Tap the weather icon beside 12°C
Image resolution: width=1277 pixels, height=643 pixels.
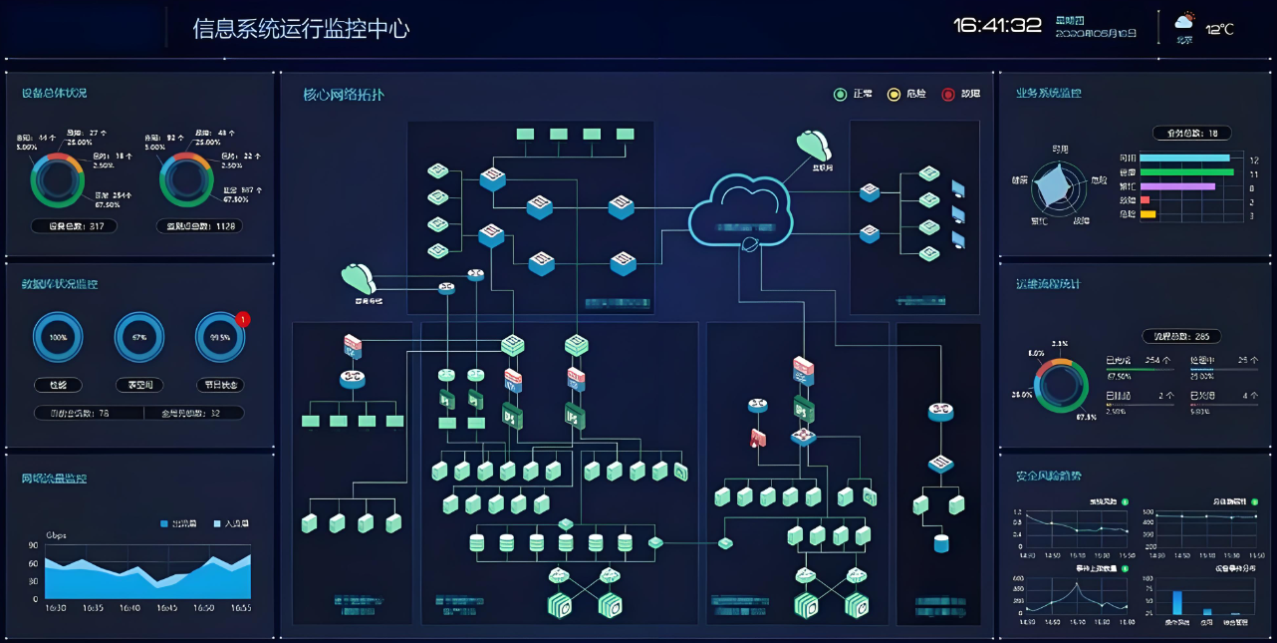1184,21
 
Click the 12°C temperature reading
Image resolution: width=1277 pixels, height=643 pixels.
1220,29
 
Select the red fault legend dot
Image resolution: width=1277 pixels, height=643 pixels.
948,95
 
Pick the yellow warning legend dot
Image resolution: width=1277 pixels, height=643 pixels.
894,95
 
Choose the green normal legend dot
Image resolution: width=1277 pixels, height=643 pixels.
840,95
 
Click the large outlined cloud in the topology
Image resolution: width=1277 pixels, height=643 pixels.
741,209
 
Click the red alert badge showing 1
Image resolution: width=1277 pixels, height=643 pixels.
242,319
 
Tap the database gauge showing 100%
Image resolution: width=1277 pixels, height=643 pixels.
59,337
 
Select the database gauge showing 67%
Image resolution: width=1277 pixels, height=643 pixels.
139,337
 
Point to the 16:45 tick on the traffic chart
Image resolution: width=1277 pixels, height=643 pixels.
166,607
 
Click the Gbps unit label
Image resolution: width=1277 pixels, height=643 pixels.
56,535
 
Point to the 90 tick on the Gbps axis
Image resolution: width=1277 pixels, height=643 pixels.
34,546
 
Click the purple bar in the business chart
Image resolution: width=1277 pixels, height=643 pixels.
1177,186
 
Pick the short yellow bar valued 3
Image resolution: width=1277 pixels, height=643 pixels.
1148,214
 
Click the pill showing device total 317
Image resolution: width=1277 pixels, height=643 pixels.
75,226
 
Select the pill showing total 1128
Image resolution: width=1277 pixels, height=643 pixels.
199,226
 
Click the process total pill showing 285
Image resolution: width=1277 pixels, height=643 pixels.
1181,337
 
